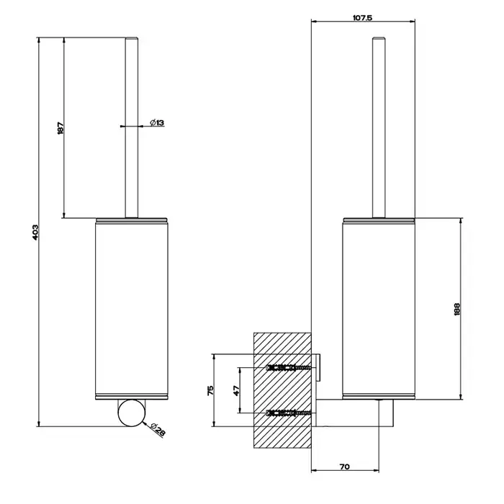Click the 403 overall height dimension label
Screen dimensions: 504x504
(x=35, y=232)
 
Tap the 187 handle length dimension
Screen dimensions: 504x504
(x=60, y=128)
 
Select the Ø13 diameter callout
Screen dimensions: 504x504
(x=157, y=122)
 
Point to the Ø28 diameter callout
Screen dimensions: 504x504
(x=158, y=429)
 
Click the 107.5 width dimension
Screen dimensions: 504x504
(x=362, y=18)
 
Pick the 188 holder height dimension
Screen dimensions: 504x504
(x=457, y=309)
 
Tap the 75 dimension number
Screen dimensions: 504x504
(x=210, y=390)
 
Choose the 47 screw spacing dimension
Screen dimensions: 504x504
(x=237, y=390)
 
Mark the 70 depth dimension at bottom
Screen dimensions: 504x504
(x=344, y=467)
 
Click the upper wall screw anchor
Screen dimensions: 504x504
(x=288, y=367)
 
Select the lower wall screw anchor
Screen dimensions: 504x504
(x=288, y=413)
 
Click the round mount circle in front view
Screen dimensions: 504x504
(x=132, y=413)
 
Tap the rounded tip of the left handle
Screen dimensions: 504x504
(x=132, y=39)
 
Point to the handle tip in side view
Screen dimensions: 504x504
(x=379, y=39)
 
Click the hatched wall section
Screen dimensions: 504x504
(x=282, y=390)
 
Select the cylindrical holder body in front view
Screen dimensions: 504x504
(x=132, y=309)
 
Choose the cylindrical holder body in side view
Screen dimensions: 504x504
(x=379, y=309)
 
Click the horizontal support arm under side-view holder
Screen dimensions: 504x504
(x=354, y=413)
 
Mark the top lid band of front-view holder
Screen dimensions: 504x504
(x=132, y=220)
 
